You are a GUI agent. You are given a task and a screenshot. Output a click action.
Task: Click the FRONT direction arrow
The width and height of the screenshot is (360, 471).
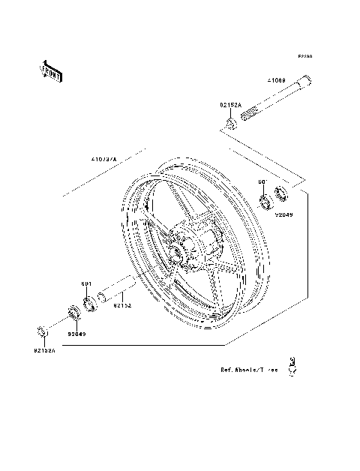coord(51,71)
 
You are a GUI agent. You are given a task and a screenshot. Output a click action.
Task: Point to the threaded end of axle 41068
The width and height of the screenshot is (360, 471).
coord(251,114)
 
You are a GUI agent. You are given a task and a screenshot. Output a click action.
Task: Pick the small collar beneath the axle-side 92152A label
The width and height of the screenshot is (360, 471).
coord(230,123)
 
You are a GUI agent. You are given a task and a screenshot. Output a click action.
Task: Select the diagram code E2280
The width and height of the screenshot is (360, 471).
coord(304,57)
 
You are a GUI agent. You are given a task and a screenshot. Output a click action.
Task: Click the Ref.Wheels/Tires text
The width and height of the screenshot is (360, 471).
coord(249,370)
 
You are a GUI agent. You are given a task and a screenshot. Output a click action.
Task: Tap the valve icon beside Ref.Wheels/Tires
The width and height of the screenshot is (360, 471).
coord(295,364)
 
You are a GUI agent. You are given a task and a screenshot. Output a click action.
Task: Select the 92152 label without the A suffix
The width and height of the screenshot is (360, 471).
coord(123,305)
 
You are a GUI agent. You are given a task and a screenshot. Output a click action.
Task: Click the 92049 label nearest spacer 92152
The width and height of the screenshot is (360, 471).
coord(77,333)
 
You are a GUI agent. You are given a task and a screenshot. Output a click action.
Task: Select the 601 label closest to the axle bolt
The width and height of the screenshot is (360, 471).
coord(262,182)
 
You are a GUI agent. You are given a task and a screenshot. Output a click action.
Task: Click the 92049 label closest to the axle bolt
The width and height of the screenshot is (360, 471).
coord(283,214)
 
